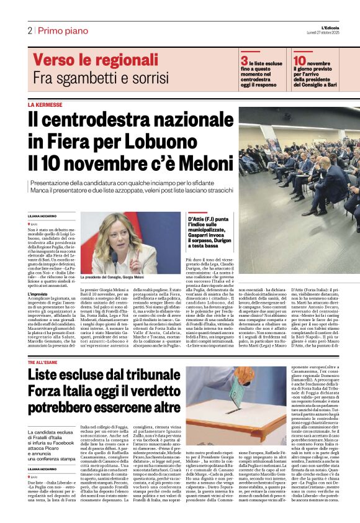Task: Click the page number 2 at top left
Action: [29, 30]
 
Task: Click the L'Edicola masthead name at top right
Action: [344, 25]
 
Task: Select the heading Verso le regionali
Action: [92, 60]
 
